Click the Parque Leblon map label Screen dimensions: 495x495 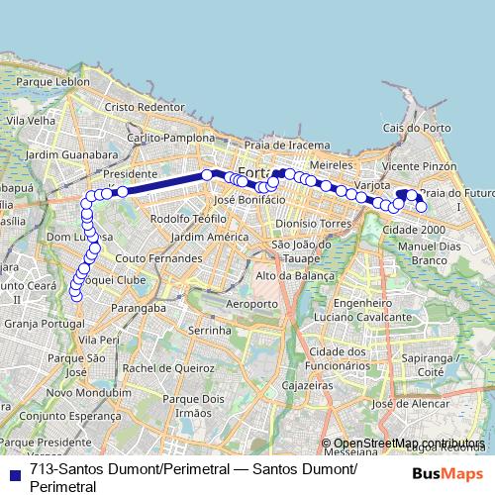tap(47, 80)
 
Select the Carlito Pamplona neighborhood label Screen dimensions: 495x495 tap(169, 138)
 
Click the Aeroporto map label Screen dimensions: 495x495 tap(251, 302)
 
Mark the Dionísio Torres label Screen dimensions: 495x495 tap(314, 224)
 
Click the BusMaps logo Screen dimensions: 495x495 tap(446, 471)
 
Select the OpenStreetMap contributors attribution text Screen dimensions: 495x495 tap(408, 443)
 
